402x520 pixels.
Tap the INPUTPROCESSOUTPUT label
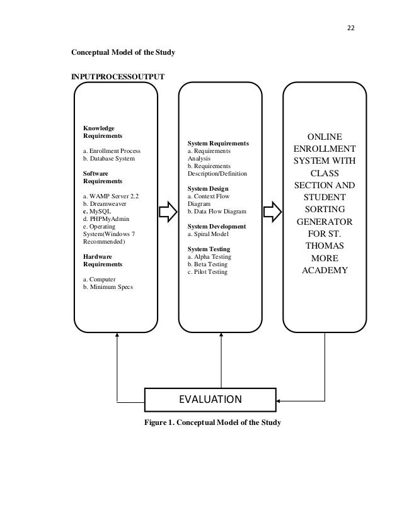click(118, 76)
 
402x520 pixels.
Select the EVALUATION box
click(211, 399)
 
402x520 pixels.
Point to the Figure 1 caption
click(212, 422)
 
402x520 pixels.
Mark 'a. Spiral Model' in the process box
click(210, 234)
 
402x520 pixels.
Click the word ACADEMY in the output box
click(324, 271)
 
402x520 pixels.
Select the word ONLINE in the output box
click(324, 137)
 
